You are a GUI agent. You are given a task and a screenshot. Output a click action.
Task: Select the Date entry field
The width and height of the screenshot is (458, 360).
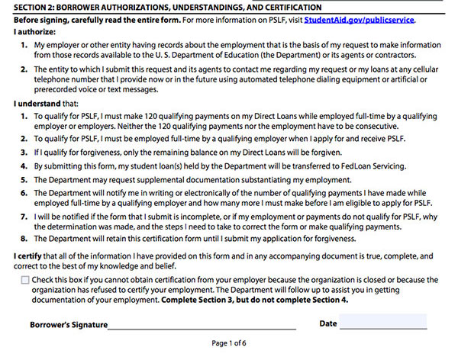click(382, 323)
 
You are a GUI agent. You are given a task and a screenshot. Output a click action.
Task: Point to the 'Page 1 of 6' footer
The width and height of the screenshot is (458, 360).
click(229, 344)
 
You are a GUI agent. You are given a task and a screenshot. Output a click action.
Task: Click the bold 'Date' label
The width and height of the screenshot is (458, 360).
click(328, 323)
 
